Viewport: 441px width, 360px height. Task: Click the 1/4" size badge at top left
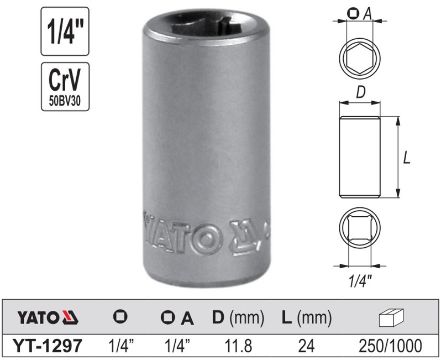[65, 31]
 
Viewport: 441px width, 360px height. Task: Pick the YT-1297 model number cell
[50, 346]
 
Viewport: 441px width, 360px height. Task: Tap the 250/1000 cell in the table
[392, 346]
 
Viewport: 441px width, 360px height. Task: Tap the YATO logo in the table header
[48, 318]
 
